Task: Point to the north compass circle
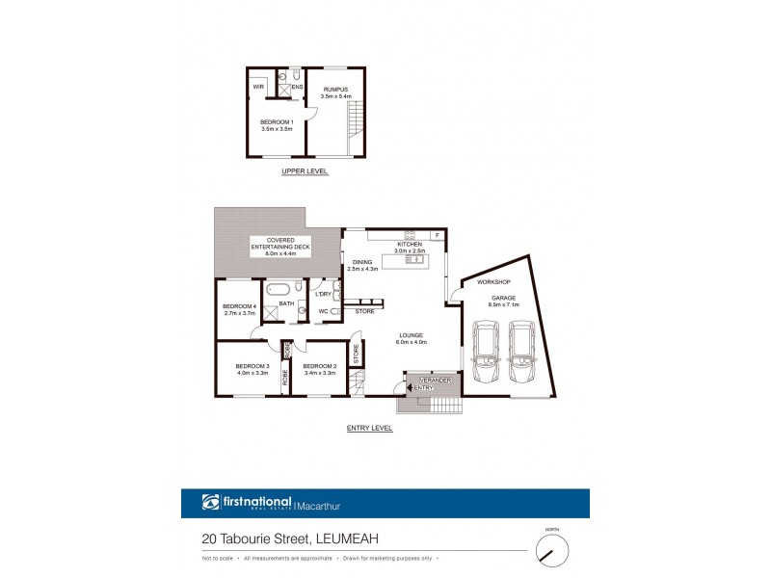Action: click(x=552, y=552)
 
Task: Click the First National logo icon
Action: click(x=211, y=502)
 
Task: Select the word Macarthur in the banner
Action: click(x=325, y=503)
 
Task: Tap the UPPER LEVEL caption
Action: click(x=305, y=171)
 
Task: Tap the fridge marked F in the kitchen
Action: click(x=436, y=235)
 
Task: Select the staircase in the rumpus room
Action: click(x=356, y=121)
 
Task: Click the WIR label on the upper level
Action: click(x=258, y=87)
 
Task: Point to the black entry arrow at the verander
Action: click(x=412, y=387)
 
